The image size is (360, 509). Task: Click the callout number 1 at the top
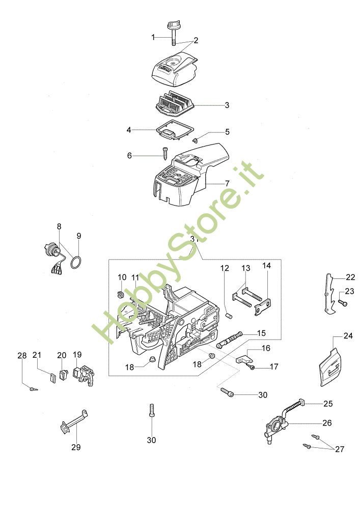(x=153, y=37)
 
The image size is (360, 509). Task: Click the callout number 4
(x=129, y=130)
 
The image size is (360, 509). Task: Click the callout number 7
(x=227, y=183)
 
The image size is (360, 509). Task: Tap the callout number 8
(x=59, y=226)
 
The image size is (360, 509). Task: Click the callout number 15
(x=261, y=333)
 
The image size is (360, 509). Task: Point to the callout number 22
(x=350, y=277)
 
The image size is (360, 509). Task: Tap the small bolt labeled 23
(x=342, y=303)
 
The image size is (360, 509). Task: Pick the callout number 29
(x=76, y=447)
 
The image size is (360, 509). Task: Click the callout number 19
(x=77, y=355)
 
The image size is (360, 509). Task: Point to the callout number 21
(x=37, y=355)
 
